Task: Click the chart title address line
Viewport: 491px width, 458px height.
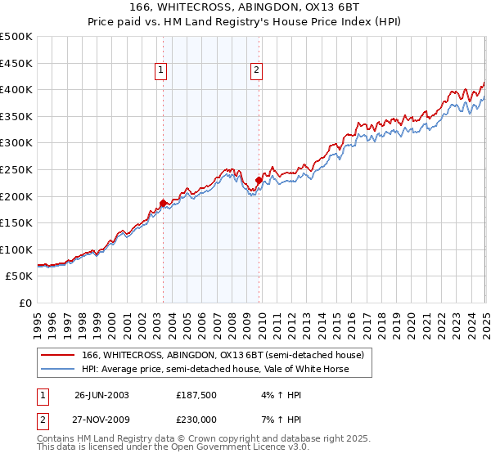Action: (245, 7)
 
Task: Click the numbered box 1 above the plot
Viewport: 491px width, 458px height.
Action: (160, 71)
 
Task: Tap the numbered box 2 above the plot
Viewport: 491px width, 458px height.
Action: (256, 71)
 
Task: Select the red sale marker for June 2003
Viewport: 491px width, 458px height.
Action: (163, 202)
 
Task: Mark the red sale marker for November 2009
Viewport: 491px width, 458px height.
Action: (259, 180)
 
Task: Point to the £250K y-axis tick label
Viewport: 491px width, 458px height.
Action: (17, 169)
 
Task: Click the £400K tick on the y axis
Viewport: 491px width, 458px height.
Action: (17, 90)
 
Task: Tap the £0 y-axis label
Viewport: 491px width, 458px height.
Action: (26, 303)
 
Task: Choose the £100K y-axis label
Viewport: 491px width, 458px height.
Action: (17, 249)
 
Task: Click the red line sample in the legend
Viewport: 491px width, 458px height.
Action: (58, 355)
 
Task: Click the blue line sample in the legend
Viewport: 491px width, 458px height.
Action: (58, 369)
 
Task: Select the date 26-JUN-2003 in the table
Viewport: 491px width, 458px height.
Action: (101, 394)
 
